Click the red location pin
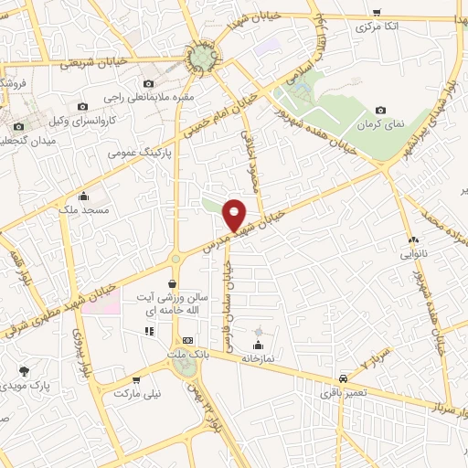235,213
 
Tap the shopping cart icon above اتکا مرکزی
378,12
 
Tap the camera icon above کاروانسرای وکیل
82,107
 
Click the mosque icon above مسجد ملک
84,196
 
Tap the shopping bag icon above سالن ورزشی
172,284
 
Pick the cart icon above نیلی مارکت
136,380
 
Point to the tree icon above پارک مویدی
24,372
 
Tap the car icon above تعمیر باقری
343,378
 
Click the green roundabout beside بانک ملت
184,367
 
